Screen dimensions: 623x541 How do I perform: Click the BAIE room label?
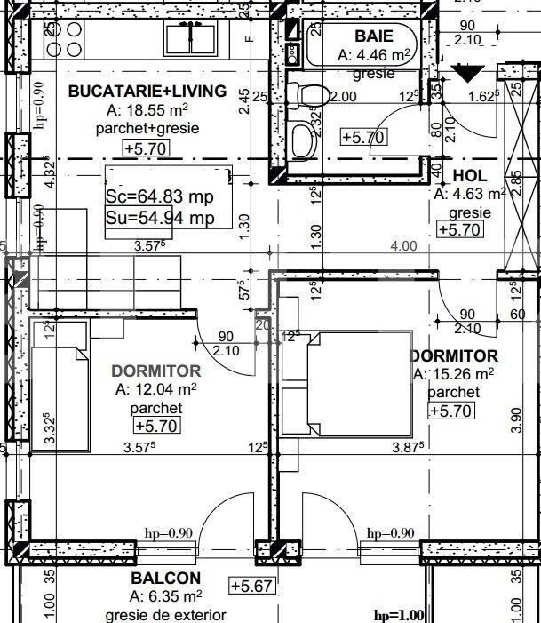pyautogui.click(x=373, y=36)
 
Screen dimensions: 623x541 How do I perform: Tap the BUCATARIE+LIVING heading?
pyautogui.click(x=147, y=92)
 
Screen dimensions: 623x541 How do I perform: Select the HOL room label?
pyautogui.click(x=469, y=176)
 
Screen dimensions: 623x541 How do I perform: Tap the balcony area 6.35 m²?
pyautogui.click(x=166, y=596)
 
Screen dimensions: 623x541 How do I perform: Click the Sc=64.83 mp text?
pyautogui.click(x=160, y=196)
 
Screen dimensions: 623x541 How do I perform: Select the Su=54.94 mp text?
pyautogui.click(x=160, y=217)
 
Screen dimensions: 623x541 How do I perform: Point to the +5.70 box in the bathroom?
pyautogui.click(x=363, y=137)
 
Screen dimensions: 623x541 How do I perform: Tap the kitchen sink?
pyautogui.click(x=189, y=38)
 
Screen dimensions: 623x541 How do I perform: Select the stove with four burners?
pyautogui.click(x=64, y=38)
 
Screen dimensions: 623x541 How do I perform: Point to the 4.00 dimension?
pyautogui.click(x=403, y=246)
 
